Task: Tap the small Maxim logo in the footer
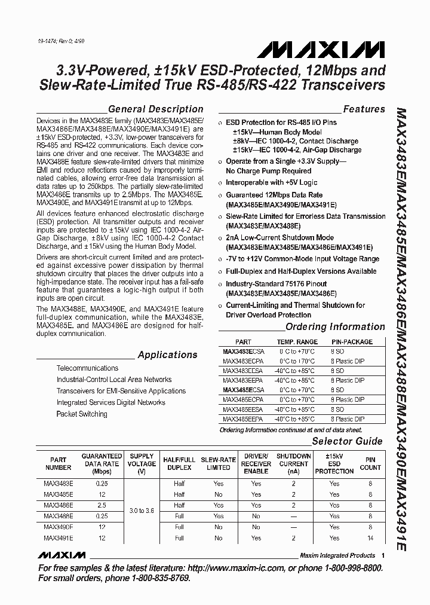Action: tap(62, 555)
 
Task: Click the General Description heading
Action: tap(155, 109)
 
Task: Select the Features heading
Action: tap(364, 109)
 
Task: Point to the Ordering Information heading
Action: tap(335, 326)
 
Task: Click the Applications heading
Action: tap(167, 355)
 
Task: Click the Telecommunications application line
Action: tap(87, 368)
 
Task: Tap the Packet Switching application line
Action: tap(82, 414)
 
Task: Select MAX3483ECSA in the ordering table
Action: tap(242, 352)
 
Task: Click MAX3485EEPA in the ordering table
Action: tap(242, 419)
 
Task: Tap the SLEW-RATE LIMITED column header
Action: tap(219, 463)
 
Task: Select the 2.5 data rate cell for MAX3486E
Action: tap(102, 505)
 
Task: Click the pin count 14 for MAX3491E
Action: tap(370, 538)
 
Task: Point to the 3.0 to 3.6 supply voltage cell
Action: tap(142, 511)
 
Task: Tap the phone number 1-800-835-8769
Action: tap(151, 578)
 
